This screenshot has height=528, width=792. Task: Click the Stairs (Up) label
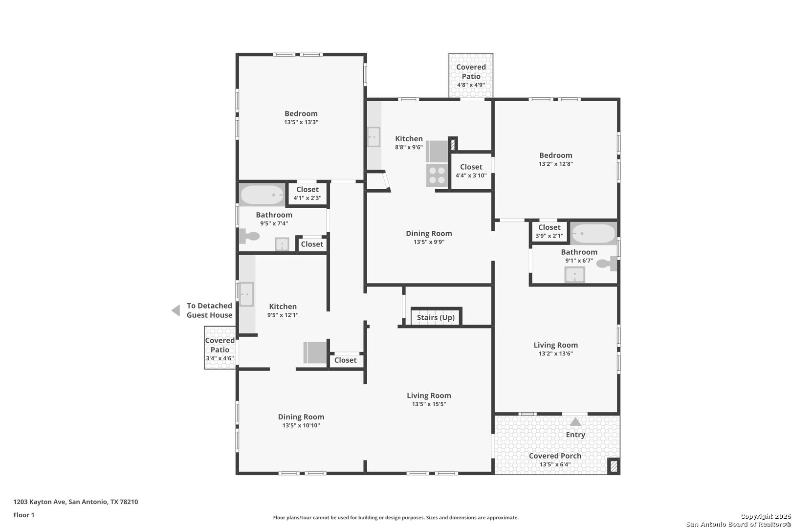436,318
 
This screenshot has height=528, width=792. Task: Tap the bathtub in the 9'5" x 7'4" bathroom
262,195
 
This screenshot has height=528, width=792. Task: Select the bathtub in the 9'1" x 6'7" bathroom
594,233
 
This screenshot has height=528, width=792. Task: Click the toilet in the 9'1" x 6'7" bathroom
607,264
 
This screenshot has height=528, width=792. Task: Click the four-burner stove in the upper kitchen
437,176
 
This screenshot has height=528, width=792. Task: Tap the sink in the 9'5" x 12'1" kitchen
247,294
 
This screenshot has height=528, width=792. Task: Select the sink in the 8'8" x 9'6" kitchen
374,137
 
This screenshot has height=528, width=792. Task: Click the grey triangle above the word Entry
575,421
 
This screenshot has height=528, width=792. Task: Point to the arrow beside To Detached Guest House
176,310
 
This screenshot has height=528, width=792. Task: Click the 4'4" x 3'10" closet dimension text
471,176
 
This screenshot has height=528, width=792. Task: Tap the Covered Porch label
555,456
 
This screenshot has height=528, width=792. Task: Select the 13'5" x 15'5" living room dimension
429,404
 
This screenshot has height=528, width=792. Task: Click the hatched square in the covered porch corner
614,466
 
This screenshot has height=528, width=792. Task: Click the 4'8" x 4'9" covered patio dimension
471,85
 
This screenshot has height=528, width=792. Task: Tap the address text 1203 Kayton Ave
39,502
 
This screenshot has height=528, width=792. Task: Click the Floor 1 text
23,515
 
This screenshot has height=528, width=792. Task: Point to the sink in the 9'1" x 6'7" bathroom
574,275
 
